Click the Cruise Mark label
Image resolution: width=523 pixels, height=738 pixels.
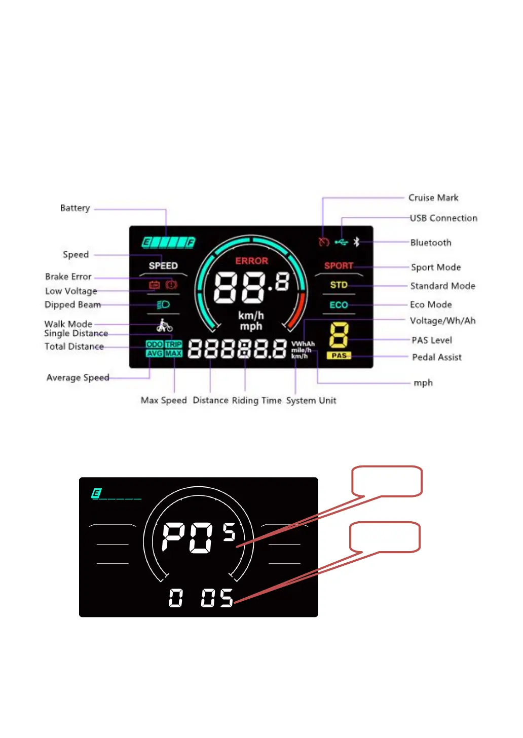(433, 198)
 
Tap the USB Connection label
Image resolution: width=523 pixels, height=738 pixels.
(443, 218)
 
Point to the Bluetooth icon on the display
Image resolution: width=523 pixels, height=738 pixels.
(356, 242)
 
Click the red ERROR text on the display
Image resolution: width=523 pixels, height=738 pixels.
(251, 261)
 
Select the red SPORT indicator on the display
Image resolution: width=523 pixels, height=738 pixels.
(339, 266)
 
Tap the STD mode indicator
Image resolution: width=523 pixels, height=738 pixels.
(339, 285)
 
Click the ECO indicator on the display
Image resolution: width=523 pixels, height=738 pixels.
(339, 305)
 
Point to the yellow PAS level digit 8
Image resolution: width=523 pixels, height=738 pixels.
(339, 335)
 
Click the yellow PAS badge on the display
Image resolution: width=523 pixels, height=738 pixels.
(339, 356)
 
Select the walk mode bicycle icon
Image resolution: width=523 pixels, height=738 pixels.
(164, 325)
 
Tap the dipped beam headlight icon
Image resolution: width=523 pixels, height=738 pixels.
(163, 305)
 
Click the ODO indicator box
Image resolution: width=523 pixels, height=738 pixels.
(154, 344)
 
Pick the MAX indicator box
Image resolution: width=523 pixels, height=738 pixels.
(173, 353)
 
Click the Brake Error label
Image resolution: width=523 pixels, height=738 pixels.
(68, 277)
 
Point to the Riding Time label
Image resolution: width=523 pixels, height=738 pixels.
(256, 401)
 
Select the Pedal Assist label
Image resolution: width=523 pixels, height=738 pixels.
(436, 357)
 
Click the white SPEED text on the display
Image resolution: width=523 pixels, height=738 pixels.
(163, 266)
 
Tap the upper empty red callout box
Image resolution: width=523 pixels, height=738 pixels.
(387, 481)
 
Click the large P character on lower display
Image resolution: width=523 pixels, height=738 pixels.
(173, 537)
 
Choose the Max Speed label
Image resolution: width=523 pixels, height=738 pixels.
(164, 401)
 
